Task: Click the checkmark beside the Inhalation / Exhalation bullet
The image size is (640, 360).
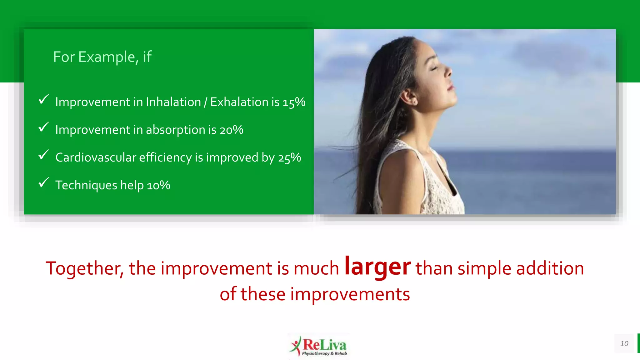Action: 44,100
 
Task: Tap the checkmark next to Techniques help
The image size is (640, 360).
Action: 44,183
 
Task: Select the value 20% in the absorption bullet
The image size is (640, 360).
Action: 231,130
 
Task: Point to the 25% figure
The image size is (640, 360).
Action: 289,158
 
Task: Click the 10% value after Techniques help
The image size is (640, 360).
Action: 158,185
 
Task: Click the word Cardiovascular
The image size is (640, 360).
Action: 96,157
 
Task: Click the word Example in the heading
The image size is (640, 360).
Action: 106,57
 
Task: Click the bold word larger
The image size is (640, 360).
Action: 377,267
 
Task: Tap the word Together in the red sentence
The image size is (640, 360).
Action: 84,268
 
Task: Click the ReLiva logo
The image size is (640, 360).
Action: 319,346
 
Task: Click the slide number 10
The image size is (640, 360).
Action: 624,343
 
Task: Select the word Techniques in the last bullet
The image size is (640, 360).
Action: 86,185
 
